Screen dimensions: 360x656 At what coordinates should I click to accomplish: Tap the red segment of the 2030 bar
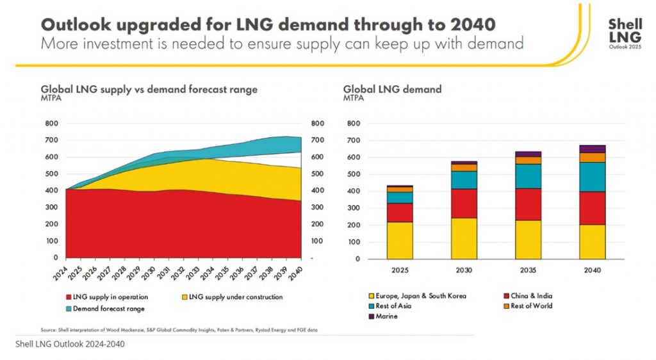463,203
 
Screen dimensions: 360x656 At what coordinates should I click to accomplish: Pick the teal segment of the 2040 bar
591,177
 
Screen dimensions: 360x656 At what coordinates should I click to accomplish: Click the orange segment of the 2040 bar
591,157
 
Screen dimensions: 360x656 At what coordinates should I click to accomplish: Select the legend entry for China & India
529,296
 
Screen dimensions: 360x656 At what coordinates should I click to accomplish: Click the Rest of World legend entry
529,306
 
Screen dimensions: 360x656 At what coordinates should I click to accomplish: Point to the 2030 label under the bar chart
463,270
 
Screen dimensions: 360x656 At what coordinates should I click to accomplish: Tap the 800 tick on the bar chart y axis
354,124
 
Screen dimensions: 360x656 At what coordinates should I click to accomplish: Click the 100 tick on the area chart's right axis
316,241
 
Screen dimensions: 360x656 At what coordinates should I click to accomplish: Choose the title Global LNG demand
392,89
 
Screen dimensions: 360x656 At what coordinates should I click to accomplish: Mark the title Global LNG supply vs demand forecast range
149,89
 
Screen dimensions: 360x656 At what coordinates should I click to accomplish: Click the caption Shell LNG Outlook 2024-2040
70,344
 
